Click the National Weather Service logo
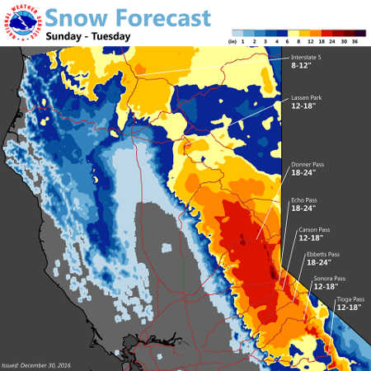pos(21,22)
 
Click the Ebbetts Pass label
pos(322,254)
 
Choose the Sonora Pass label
pos(329,278)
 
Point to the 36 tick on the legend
pos(355,38)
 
